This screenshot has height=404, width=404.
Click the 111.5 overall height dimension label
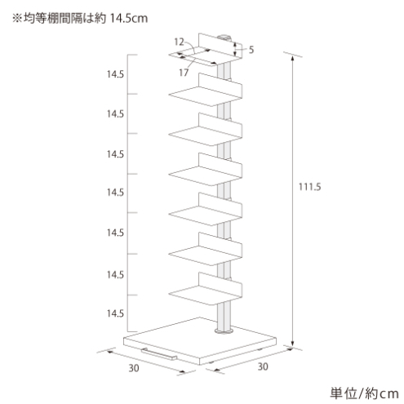coord(309,187)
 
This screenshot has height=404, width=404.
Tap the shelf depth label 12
coord(179,42)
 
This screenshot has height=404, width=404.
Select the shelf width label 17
coord(184,73)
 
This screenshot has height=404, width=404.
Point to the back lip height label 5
coord(251,50)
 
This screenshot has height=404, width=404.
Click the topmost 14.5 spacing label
coord(115,74)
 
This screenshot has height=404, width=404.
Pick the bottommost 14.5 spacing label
coord(115,313)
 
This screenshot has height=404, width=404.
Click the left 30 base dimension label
coord(134,368)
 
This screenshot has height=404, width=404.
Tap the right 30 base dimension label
coord(263,366)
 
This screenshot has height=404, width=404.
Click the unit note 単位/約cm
coord(364,393)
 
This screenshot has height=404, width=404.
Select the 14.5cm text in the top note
coord(129,18)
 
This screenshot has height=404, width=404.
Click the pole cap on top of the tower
coord(225,38)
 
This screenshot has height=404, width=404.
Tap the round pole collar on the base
coord(224,331)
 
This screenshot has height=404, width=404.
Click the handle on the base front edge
coord(159,353)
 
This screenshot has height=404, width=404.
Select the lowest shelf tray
coord(206,288)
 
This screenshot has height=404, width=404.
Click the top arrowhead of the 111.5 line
coord(292,58)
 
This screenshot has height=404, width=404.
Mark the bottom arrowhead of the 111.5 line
coord(292,344)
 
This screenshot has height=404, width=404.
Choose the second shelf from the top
coord(206,90)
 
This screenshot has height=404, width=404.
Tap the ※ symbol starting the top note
coord(17,19)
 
